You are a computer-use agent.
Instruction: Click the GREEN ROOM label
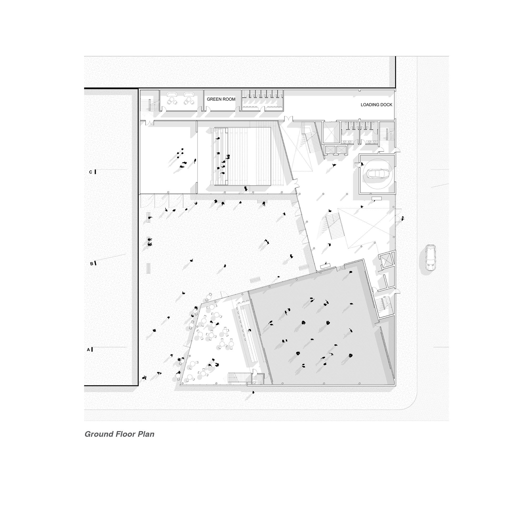point(221,99)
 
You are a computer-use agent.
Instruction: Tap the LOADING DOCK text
point(376,105)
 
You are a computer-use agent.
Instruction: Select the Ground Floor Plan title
point(119,434)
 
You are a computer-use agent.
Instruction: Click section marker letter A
point(89,350)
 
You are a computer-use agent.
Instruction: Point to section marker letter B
point(92,264)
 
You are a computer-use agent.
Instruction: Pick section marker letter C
point(91,172)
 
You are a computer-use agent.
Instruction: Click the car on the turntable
point(376,173)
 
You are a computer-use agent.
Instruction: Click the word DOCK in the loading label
point(386,105)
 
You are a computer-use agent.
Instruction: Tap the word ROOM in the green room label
point(229,99)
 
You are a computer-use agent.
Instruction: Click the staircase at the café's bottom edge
point(236,378)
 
